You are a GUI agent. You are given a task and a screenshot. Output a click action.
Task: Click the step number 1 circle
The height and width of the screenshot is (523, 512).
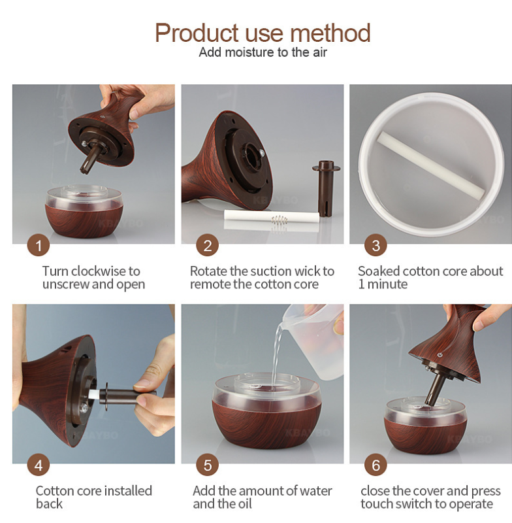coord(39,245)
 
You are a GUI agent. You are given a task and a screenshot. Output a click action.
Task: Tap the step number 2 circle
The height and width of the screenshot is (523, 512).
coord(207,245)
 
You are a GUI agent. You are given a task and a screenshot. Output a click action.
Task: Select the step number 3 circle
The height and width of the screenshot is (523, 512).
coord(376,245)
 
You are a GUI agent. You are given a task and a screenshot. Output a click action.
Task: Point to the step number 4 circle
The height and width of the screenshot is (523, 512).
coord(39,465)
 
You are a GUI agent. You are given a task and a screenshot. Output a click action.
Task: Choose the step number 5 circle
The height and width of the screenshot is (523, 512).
coord(207,465)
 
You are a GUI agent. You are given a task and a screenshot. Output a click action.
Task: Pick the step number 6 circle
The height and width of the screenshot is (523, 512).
coord(376,465)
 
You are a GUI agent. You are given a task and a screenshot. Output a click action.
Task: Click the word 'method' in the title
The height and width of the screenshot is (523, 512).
coord(330,33)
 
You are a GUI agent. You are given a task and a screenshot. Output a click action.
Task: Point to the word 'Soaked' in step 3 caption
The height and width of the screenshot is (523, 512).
coord(379,271)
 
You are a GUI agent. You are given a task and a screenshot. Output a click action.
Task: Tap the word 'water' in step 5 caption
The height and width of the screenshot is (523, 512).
coord(315,491)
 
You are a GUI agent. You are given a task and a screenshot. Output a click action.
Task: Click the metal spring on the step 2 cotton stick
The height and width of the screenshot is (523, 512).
coord(279,220)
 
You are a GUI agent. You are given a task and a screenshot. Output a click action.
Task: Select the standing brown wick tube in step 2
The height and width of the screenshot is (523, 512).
coord(326,188)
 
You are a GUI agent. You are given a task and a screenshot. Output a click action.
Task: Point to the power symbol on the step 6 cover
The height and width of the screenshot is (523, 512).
coord(440,354)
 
